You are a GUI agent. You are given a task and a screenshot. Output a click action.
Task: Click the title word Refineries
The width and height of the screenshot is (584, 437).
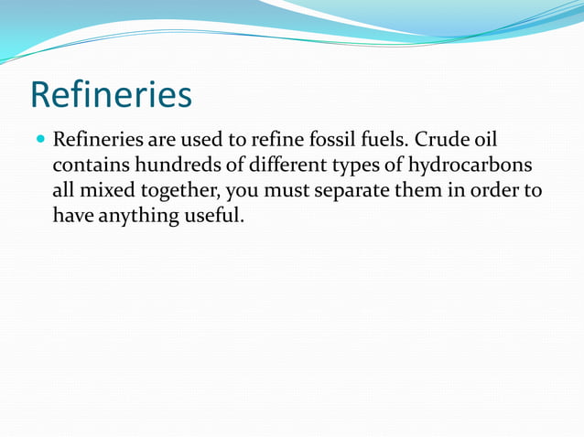[111, 95]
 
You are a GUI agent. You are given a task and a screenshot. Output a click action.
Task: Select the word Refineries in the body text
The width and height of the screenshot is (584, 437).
[96, 142]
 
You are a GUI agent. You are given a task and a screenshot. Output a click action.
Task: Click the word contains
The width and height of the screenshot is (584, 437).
[89, 167]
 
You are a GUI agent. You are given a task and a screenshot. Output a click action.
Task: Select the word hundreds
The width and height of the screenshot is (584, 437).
[171, 167]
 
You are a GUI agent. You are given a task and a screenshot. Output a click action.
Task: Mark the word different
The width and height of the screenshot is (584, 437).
[277, 167]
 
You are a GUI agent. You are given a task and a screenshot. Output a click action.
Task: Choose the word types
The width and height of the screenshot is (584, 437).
[349, 168]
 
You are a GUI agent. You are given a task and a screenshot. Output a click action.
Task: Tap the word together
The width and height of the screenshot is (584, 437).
[179, 193]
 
